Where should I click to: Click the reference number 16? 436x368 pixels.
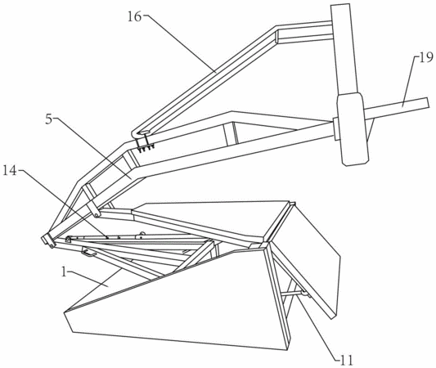[135, 17]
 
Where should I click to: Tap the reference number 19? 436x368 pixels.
[426, 58]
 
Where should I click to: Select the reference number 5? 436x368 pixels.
[49, 119]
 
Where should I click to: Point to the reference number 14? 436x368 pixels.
[10, 170]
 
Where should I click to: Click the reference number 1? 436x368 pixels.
[64, 272]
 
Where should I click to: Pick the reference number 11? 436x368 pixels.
[347, 360]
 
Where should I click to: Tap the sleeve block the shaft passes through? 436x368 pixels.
[353, 129]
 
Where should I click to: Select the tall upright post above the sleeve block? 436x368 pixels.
[344, 49]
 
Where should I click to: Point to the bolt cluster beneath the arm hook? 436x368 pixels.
[145, 146]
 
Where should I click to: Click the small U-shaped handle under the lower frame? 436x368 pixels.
[89, 253]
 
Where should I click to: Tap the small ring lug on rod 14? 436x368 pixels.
[142, 235]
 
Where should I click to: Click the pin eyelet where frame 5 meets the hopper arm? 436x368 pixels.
[97, 214]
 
